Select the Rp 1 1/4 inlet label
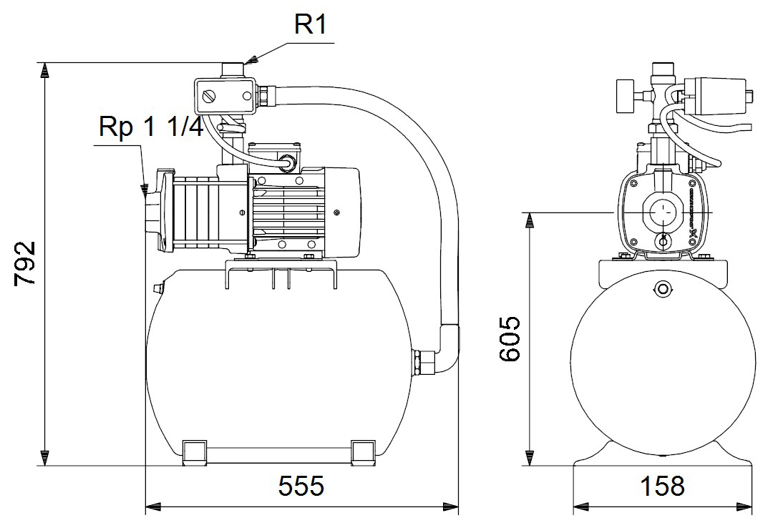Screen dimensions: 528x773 point(152,127)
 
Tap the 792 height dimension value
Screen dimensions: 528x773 point(26,263)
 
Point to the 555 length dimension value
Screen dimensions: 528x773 point(301,486)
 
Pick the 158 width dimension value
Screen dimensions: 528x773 point(662,486)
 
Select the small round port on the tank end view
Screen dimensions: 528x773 point(663,289)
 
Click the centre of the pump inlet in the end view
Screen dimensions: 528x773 point(663,212)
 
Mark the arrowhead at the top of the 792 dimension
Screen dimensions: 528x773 point(45,69)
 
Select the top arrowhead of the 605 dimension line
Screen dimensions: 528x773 point(530,219)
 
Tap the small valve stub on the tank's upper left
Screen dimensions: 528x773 point(154,288)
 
